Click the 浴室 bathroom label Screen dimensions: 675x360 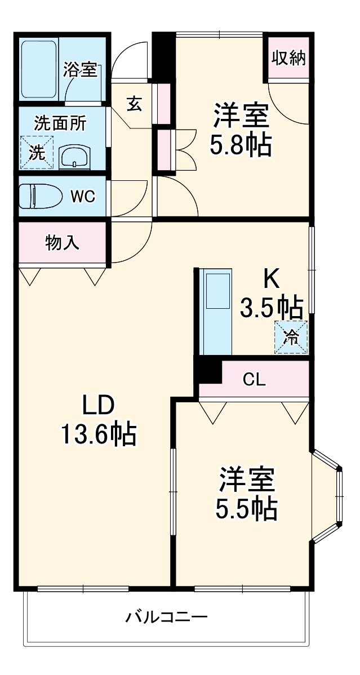(x=81, y=70)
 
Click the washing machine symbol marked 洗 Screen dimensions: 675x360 (x=36, y=152)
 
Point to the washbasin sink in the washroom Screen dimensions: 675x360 (x=75, y=155)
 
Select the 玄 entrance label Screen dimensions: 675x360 (x=134, y=104)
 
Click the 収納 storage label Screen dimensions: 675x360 (x=289, y=58)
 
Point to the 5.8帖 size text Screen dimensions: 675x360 (x=241, y=145)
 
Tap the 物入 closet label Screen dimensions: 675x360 (x=62, y=243)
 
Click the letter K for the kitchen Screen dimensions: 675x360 (x=272, y=278)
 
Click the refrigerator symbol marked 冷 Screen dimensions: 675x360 (x=291, y=337)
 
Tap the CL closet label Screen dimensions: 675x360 (x=254, y=380)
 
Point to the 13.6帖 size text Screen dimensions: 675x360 (x=99, y=434)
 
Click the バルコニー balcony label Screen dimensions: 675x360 (x=166, y=617)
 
